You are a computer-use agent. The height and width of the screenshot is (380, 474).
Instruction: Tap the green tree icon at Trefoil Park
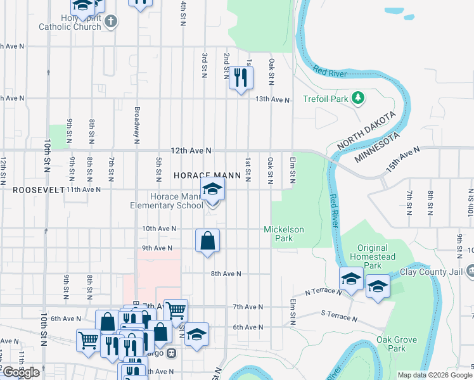point(359,98)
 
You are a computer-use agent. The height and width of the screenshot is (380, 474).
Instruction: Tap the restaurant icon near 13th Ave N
point(240,77)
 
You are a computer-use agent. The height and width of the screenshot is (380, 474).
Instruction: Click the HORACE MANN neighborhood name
point(207,175)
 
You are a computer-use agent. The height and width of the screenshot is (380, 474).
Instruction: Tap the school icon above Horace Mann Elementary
point(213,188)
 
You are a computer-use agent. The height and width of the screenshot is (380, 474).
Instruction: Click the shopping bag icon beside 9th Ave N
point(207,241)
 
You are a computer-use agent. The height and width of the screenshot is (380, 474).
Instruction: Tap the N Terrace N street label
point(324,292)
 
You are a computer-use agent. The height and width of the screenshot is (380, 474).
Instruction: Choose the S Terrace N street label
point(339,314)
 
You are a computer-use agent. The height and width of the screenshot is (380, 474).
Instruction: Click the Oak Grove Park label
point(397,344)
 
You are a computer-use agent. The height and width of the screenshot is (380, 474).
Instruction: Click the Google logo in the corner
point(21,372)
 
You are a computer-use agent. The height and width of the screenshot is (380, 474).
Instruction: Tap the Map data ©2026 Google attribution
point(434,375)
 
